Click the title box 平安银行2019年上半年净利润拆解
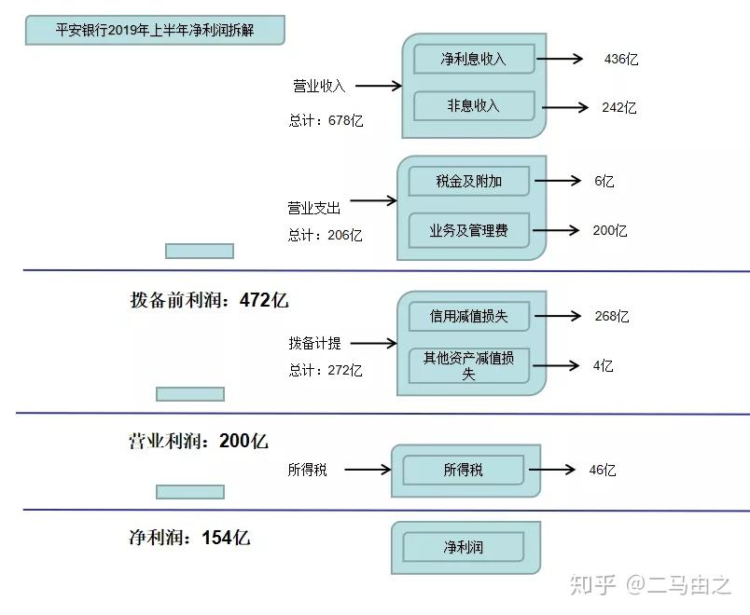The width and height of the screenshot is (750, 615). pos(154,31)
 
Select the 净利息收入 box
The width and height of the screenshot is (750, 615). pos(473,59)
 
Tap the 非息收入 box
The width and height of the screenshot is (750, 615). pos(473,106)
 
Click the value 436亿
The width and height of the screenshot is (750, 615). pos(620,59)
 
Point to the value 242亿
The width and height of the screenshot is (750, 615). pos(618,107)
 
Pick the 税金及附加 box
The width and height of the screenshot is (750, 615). pos(468,182)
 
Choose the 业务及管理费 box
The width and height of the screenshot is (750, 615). pos(468,230)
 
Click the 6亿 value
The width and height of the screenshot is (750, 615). pos(604,182)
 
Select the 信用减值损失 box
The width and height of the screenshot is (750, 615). pos(468,316)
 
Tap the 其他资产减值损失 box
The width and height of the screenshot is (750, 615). pos(468,365)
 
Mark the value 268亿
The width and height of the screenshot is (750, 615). pos(611,316)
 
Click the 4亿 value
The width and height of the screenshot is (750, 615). pos(603,365)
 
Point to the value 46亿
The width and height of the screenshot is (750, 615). pos(603,470)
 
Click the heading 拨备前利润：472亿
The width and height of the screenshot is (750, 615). pos(209,300)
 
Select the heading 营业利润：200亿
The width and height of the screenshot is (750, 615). pos(198,441)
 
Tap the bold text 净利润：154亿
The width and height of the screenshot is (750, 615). pos(188,538)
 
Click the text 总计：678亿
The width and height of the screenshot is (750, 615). pos(326,121)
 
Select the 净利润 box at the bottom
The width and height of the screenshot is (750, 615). pos(463,547)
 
